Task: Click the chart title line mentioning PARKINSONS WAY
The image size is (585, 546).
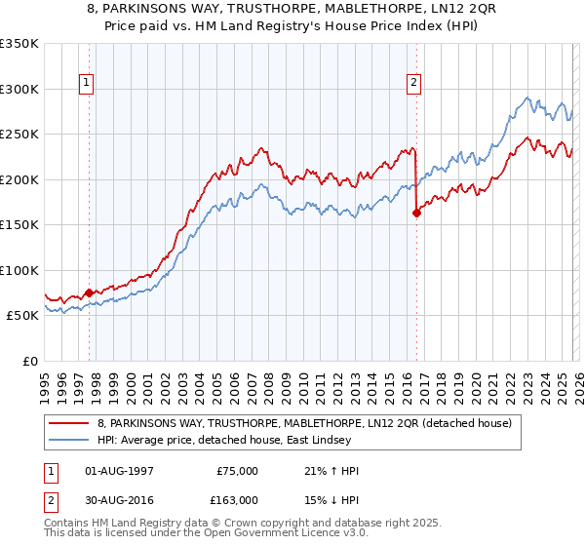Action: click(292, 10)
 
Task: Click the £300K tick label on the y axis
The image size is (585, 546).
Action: click(19, 89)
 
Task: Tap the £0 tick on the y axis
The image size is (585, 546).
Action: click(29, 361)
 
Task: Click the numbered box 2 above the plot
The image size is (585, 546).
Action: click(414, 84)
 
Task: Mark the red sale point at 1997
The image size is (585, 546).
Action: click(89, 292)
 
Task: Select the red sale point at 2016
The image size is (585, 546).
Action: click(416, 214)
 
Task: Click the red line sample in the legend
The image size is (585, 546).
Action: click(69, 423)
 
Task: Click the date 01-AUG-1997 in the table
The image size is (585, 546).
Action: click(118, 471)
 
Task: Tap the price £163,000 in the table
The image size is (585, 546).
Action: click(237, 499)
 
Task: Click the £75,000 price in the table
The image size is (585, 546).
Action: click(237, 471)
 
